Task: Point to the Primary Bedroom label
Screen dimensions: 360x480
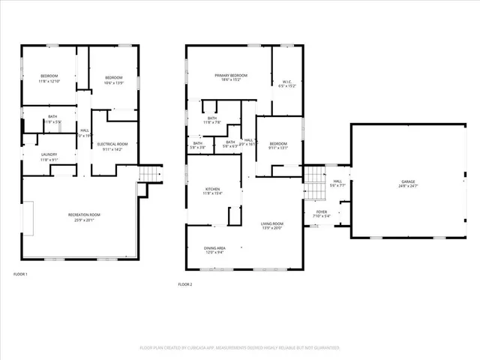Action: pyautogui.click(x=230, y=76)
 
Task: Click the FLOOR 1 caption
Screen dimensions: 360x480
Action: pyautogui.click(x=20, y=274)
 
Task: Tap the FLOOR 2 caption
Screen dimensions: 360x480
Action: pyautogui.click(x=185, y=284)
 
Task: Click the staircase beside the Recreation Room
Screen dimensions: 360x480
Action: pyautogui.click(x=151, y=176)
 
